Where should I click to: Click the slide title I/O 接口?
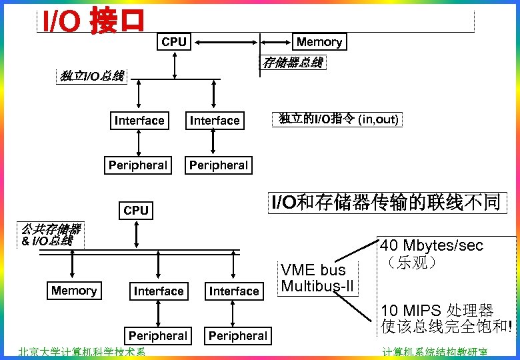point(93,21)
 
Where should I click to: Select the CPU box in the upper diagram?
point(174,41)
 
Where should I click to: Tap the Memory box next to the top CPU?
point(319,41)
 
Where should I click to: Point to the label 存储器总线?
point(293,63)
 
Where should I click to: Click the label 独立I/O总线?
point(92,76)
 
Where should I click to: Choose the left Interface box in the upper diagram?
point(139,121)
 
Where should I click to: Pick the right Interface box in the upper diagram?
point(214,121)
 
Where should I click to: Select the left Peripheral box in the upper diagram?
point(138,165)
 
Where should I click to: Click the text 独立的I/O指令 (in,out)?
point(338,119)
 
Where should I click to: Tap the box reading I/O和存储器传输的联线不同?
point(385,203)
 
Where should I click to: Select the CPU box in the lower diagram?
point(136,210)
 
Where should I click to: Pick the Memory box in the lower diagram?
point(74,291)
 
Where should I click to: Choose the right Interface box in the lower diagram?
point(233,291)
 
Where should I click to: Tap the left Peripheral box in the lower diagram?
point(157,335)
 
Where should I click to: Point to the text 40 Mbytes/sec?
point(431,245)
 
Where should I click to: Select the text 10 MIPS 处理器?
point(437,310)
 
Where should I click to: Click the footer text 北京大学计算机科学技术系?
point(81,353)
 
